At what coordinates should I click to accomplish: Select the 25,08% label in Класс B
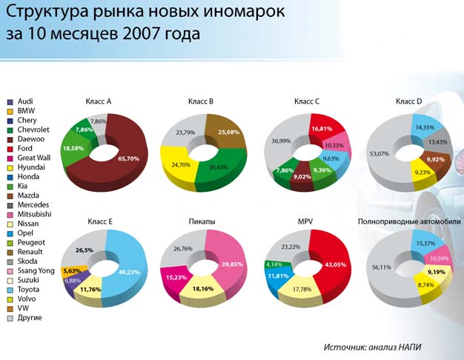click(x=228, y=133)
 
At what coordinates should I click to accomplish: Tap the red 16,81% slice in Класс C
click(x=325, y=127)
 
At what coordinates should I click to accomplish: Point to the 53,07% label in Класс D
click(x=379, y=153)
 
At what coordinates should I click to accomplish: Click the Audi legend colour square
click(x=10, y=102)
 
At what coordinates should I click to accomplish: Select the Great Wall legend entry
click(x=29, y=158)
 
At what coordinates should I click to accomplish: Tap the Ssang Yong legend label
click(x=36, y=271)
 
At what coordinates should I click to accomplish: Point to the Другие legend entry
click(x=24, y=318)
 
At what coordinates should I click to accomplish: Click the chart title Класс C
click(x=307, y=101)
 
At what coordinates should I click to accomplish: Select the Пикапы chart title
click(x=202, y=221)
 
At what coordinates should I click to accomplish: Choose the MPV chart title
click(x=305, y=221)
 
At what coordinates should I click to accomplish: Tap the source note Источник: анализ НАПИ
click(x=372, y=347)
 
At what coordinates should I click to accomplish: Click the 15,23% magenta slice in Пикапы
click(x=175, y=279)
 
